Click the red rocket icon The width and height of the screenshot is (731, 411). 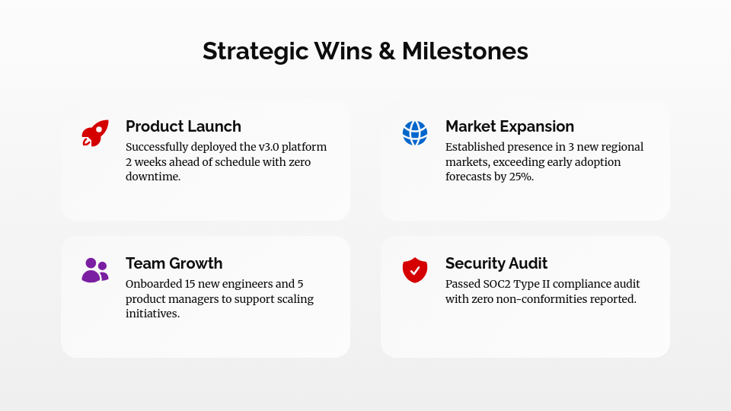[95, 133]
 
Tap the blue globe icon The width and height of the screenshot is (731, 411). [415, 133]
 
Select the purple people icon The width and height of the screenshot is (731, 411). [95, 270]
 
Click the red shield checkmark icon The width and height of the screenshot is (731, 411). [415, 270]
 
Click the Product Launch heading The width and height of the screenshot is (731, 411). [184, 126]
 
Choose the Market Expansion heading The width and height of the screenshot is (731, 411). [509, 126]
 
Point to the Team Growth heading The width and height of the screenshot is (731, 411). [174, 263]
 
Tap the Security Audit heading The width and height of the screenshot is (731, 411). [496, 263]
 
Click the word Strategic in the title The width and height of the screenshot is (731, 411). [256, 51]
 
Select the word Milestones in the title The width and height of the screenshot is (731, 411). [465, 51]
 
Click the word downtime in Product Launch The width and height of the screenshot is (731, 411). [153, 177]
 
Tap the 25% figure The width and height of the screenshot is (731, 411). [522, 177]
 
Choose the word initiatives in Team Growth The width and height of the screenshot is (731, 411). [152, 314]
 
